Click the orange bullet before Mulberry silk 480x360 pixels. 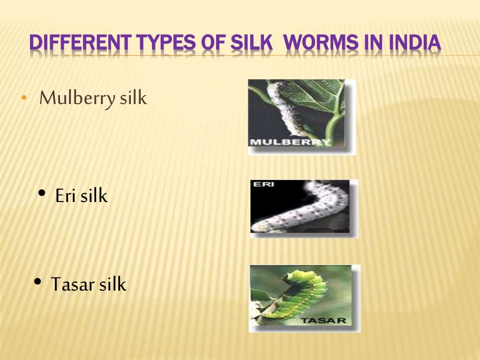pos(23,99)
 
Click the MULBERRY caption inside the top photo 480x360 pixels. pos(290,142)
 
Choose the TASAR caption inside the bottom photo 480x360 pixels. pos(324,321)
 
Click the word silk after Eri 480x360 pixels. pos(94,196)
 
